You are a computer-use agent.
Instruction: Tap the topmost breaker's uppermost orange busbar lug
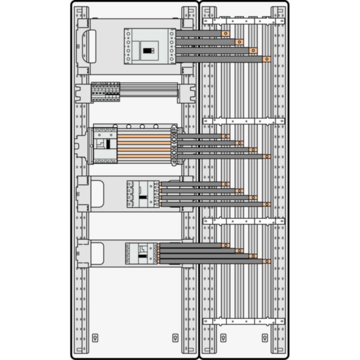coord(225,34)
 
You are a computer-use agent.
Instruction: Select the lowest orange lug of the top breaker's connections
coord(266,59)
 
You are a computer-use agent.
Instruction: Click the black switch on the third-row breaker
coord(109,144)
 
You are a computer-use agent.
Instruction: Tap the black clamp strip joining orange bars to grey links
coord(174,146)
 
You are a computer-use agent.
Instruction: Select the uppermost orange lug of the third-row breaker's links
coord(225,137)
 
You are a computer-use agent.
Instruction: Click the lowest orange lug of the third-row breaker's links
coord(266,157)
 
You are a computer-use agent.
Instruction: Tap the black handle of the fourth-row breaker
coord(142,195)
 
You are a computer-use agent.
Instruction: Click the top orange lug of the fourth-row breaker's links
coord(226,184)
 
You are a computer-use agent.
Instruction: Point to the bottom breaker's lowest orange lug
coord(266,262)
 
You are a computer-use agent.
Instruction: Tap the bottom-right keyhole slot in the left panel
coord(175,338)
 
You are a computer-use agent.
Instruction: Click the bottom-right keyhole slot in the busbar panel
coord(263,338)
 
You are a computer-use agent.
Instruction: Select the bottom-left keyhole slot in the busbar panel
coord(223,338)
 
